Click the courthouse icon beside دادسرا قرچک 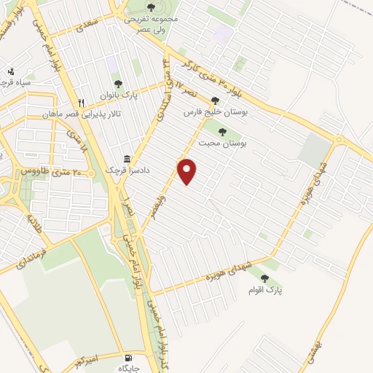point(127,159)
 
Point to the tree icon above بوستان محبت point(221,132)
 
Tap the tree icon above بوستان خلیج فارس point(214,101)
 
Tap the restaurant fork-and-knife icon point(82,103)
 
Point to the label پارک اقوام point(269,290)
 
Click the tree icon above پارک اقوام point(265,278)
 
